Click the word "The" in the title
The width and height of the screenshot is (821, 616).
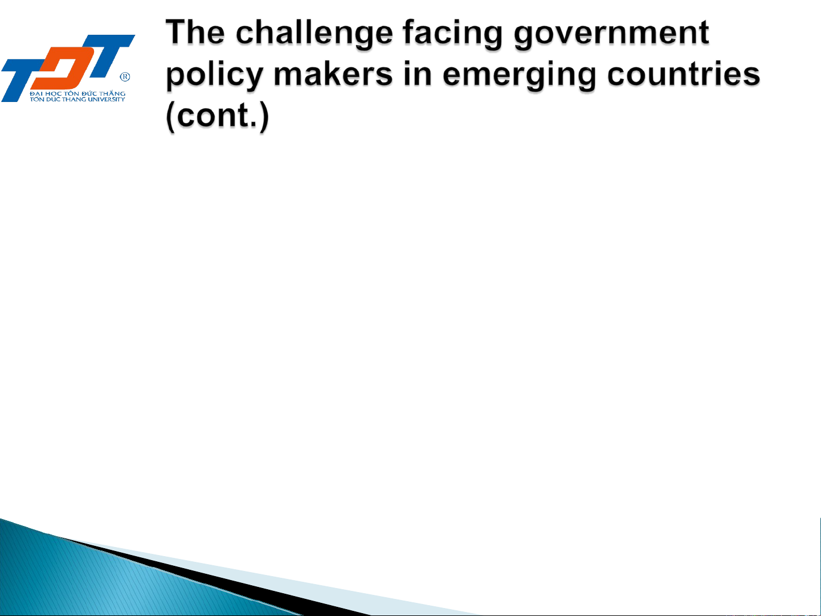(195, 33)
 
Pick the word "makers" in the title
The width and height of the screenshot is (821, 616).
(333, 74)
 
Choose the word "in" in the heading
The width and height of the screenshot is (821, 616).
(418, 74)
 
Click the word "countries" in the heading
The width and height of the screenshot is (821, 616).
(684, 75)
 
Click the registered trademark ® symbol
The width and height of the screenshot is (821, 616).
(125, 77)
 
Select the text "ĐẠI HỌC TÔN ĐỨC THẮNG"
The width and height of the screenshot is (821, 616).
(78, 93)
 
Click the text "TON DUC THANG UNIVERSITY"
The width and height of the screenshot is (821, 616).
(77, 99)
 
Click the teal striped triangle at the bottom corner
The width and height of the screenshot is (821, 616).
(93, 580)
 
